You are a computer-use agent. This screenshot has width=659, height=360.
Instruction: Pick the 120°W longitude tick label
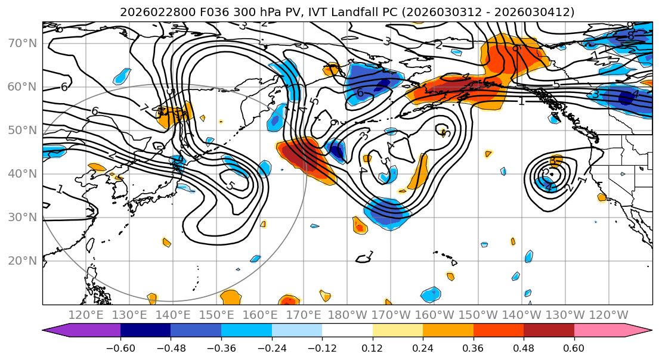click(608, 315)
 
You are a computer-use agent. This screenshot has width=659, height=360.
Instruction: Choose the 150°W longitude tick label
click(478, 315)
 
